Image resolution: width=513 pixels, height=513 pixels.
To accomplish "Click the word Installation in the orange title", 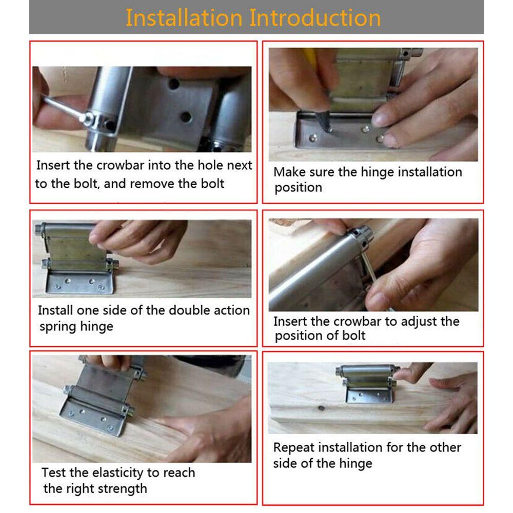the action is click(x=184, y=18).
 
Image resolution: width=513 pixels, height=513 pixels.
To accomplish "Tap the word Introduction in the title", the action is click(x=315, y=18).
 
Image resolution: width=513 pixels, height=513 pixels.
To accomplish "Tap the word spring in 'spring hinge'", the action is click(x=58, y=327).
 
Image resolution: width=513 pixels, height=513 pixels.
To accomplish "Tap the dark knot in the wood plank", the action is click(x=322, y=408).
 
